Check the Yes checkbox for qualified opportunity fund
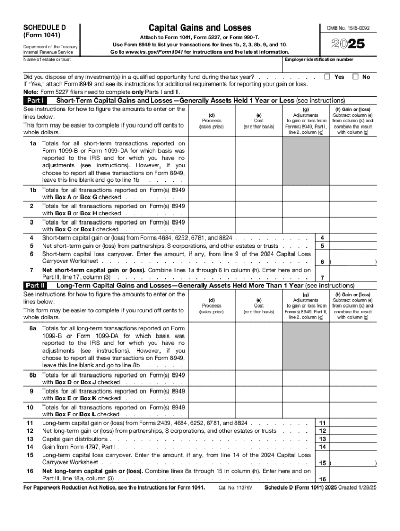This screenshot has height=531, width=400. click(x=327, y=77)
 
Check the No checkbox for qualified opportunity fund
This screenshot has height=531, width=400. click(x=356, y=77)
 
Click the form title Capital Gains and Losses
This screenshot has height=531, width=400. click(x=199, y=27)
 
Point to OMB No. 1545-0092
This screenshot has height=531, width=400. click(x=352, y=28)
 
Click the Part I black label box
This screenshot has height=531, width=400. click(x=35, y=100)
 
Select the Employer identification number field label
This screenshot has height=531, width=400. click(x=319, y=60)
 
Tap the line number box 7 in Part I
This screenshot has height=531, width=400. click(x=323, y=277)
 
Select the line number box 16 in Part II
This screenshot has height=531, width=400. click(x=323, y=479)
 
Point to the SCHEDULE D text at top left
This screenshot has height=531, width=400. click(x=45, y=27)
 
